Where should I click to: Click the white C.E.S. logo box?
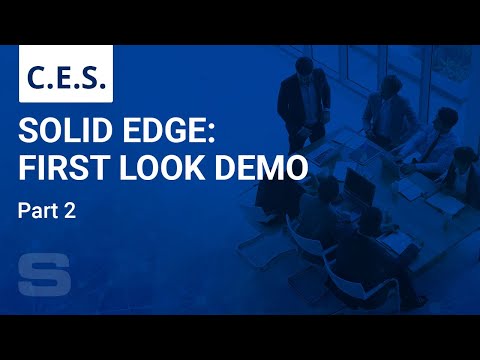(66, 74)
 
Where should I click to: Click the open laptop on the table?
(360, 185)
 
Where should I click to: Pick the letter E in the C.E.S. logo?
(65, 75)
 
